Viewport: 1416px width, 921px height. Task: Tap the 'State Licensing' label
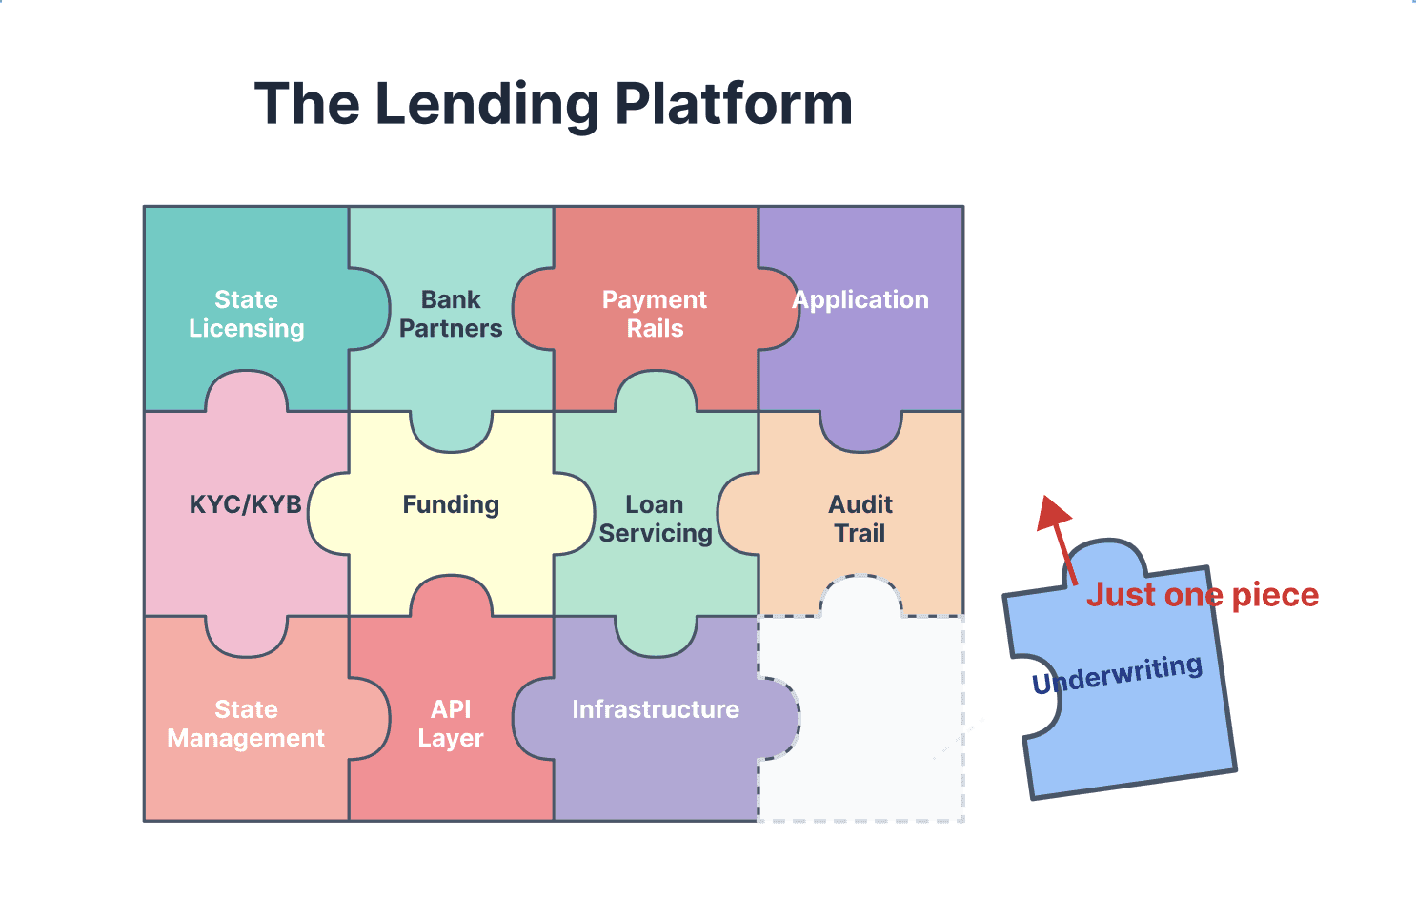pos(246,314)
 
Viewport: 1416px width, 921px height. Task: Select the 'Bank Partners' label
pos(451,314)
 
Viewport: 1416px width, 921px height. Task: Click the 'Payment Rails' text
pos(655,314)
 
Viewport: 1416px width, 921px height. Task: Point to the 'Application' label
pos(861,299)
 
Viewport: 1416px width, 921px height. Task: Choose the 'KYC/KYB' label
pos(245,504)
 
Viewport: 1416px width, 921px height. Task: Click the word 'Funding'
pos(451,504)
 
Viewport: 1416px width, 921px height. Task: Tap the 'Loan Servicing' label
pos(656,519)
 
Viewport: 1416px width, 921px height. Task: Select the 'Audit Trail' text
pos(860,519)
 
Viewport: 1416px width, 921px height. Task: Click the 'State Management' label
pos(246,724)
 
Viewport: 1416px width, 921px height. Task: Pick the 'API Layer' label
pos(451,724)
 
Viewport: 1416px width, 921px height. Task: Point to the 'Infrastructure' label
pos(656,709)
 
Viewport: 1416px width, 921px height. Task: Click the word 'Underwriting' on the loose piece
pos(1117,674)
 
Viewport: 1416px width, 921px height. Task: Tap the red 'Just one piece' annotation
pos(1203,595)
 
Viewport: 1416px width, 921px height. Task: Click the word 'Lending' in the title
pos(487,105)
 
